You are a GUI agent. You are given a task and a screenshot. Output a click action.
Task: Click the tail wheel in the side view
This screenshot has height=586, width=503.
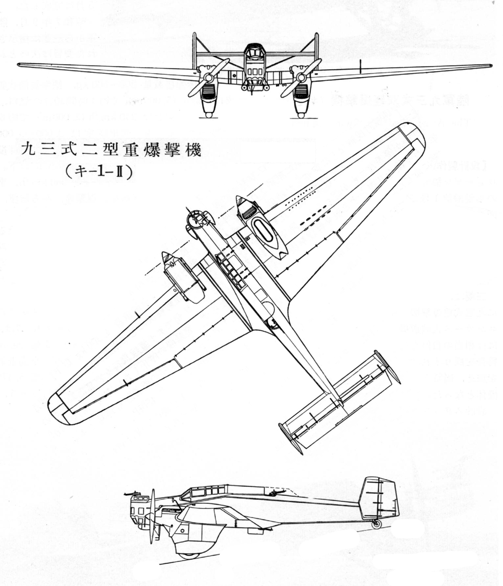point(376,523)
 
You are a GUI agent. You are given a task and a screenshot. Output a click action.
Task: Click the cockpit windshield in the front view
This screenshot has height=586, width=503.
point(254,53)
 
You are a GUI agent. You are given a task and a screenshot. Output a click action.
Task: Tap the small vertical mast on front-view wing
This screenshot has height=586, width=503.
point(360,64)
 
